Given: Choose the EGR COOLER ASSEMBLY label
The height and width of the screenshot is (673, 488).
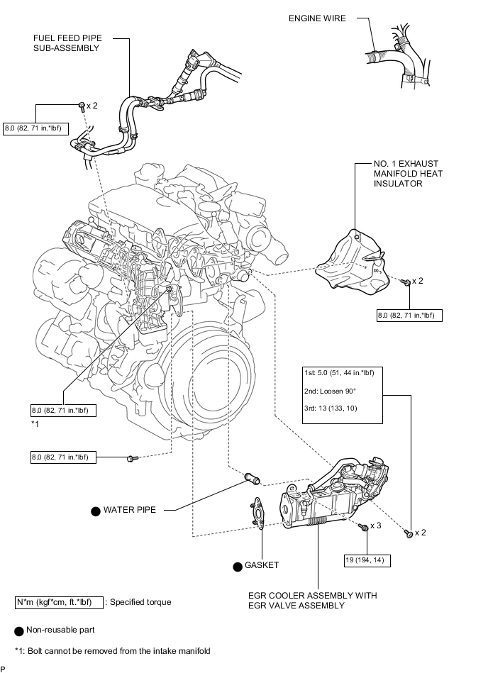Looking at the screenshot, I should click(x=312, y=600).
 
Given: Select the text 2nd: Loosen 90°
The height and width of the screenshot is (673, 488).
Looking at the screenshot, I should click(x=331, y=391).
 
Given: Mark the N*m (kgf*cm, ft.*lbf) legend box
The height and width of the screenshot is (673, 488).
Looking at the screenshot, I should click(x=59, y=602).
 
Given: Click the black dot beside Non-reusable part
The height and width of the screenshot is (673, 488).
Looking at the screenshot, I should click(x=18, y=630).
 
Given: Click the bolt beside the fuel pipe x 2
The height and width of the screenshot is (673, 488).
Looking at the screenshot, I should click(x=82, y=106).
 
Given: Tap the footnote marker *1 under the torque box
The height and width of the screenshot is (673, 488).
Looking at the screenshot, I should click(x=35, y=423).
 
